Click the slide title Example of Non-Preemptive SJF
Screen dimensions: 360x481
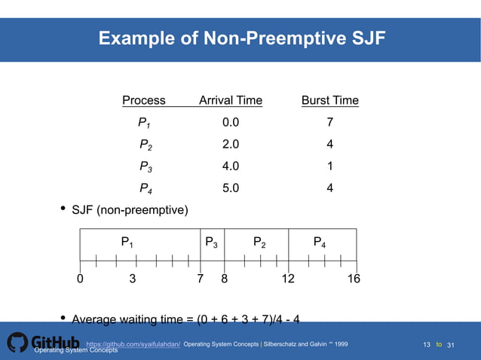click(241, 38)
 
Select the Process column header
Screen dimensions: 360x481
click(144, 101)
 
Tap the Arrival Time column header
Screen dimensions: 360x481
click(231, 101)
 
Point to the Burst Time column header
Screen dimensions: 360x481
click(329, 101)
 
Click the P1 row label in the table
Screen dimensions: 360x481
click(144, 123)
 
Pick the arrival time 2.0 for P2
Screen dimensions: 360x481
click(231, 145)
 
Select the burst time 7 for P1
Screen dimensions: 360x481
click(329, 123)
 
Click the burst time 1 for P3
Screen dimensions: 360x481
click(329, 166)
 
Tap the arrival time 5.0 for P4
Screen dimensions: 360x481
click(231, 188)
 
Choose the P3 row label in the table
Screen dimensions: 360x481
click(146, 167)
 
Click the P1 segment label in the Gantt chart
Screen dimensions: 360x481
click(128, 243)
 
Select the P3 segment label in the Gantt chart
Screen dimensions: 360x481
click(212, 243)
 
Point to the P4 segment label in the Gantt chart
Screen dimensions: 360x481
click(320, 243)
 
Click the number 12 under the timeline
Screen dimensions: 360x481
click(288, 279)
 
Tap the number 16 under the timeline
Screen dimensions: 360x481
click(354, 279)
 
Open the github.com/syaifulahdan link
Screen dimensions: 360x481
click(133, 345)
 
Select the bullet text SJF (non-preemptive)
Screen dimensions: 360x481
click(130, 210)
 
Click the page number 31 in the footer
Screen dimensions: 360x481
click(452, 345)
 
